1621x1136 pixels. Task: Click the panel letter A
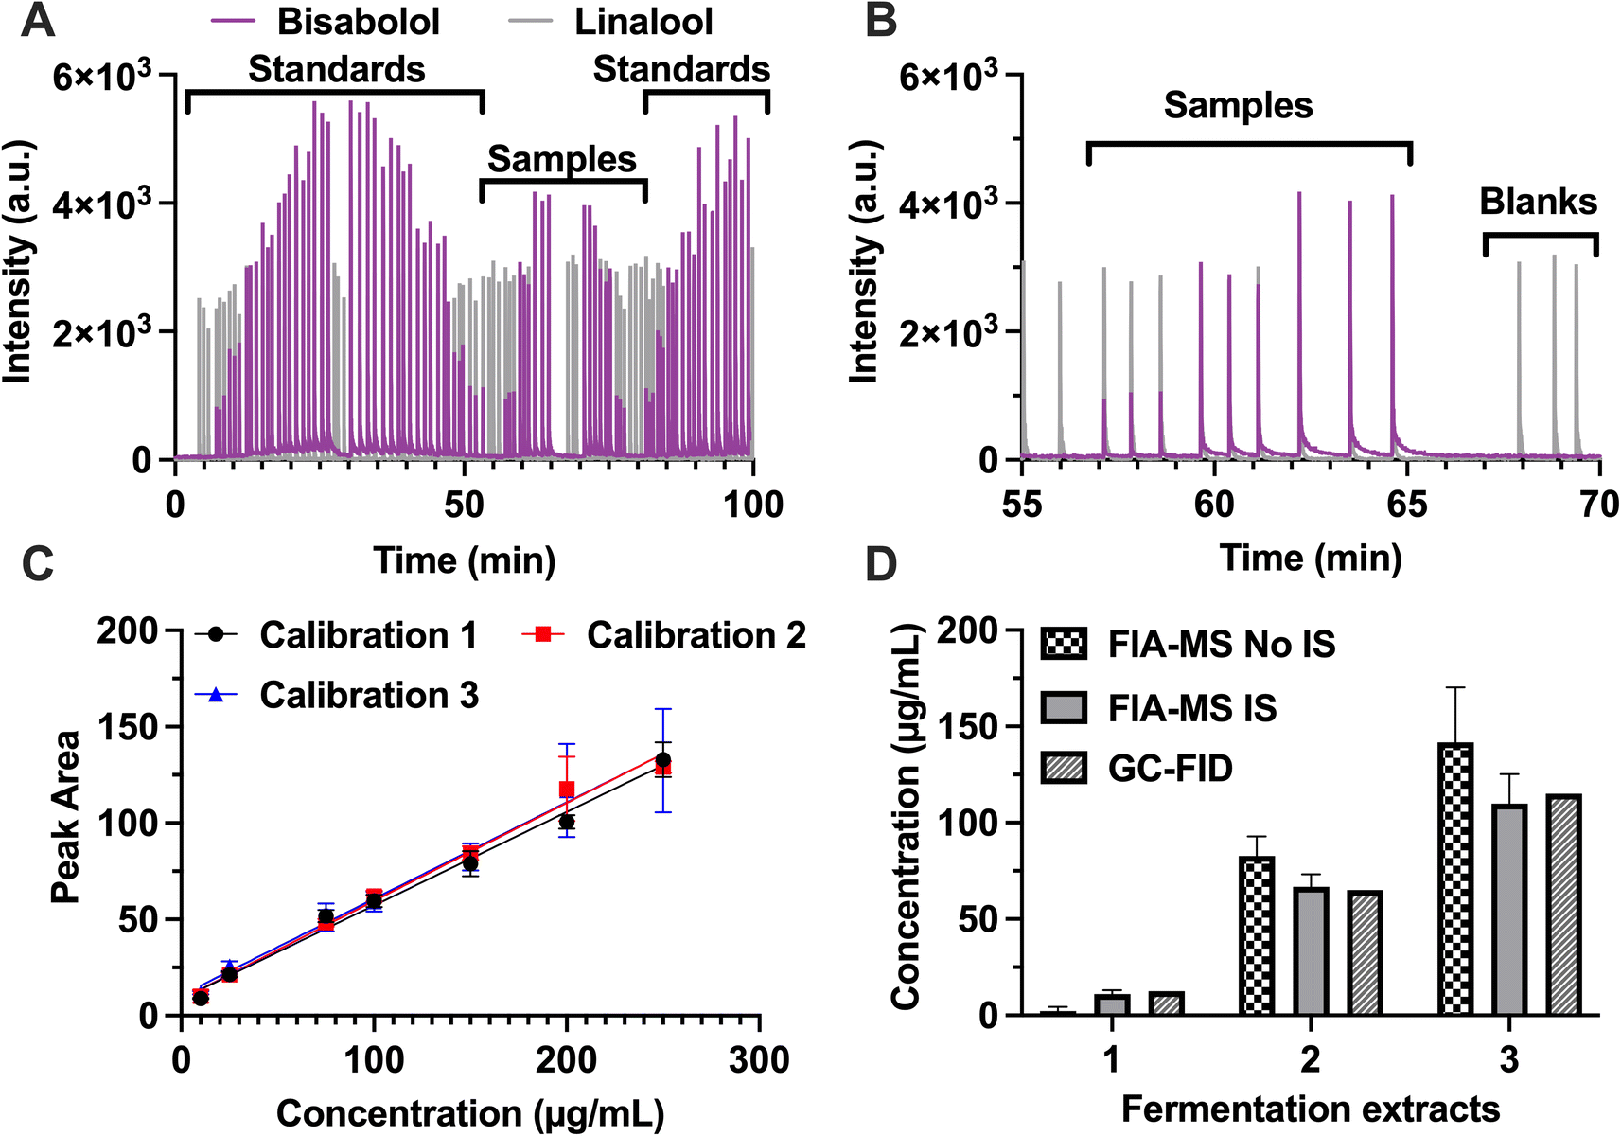37,21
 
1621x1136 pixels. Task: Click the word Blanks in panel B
1538,202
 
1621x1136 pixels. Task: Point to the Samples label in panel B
1238,105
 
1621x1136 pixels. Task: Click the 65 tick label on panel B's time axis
1407,505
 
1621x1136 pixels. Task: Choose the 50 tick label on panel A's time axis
465,505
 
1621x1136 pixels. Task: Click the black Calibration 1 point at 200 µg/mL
567,822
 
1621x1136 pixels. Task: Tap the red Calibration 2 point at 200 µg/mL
567,789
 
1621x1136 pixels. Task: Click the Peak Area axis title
64,817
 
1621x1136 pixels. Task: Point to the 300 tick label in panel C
759,1059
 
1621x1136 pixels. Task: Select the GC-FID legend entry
1170,769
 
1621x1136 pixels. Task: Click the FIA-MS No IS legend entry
1221,645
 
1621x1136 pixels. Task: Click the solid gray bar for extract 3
1509,909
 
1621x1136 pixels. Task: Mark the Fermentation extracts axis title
1311,1109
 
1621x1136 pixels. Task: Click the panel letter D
881,564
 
